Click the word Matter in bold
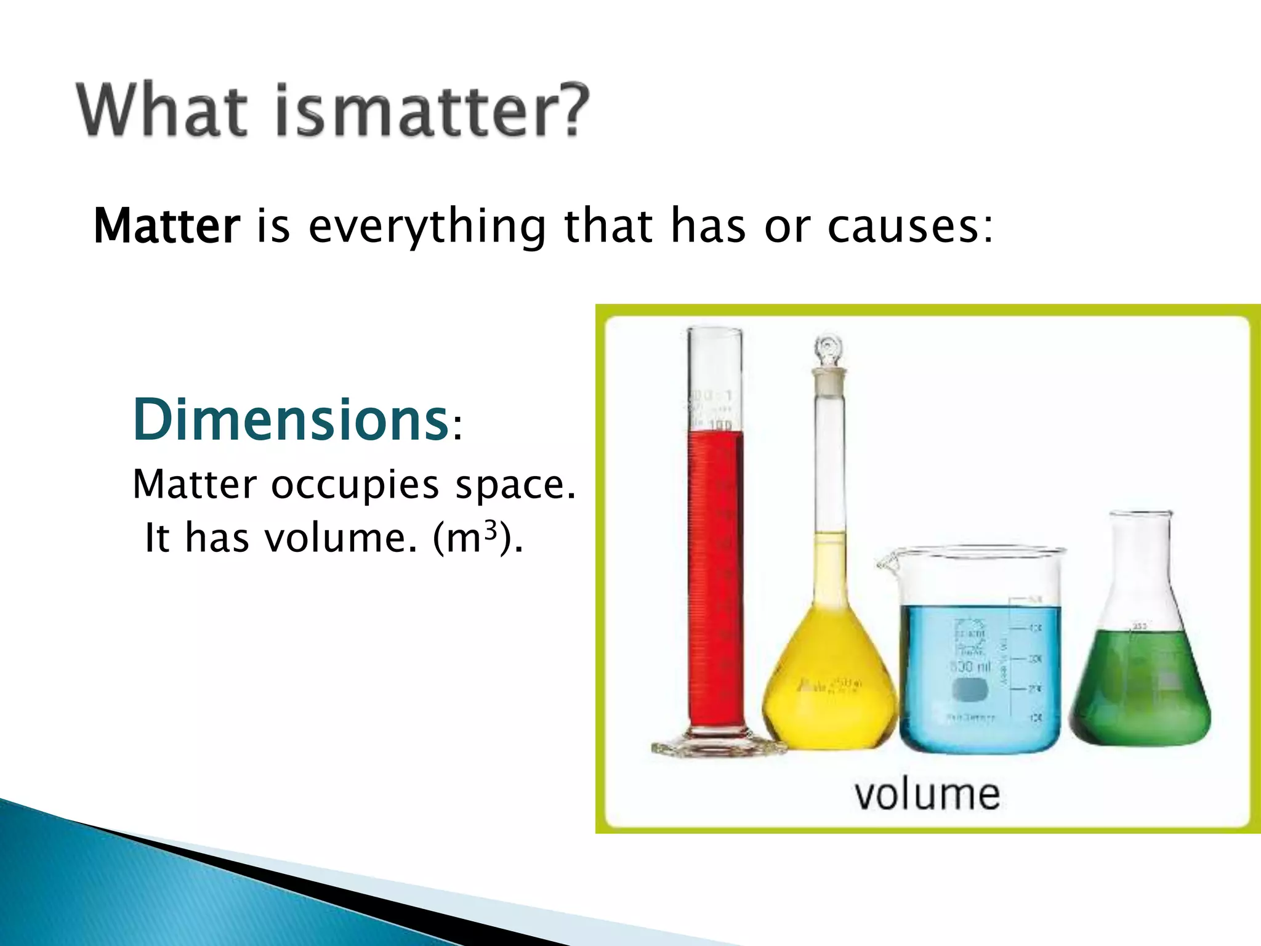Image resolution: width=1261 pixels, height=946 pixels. point(166,227)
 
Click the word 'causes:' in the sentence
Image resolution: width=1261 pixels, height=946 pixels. point(909,227)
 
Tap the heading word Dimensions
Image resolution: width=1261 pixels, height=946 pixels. point(290,421)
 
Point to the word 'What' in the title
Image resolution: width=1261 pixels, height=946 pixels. point(162,111)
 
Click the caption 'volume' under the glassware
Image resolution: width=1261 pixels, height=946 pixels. point(927,794)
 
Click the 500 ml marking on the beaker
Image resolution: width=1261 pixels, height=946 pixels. point(970,666)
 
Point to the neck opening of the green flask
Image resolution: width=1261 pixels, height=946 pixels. point(1140,514)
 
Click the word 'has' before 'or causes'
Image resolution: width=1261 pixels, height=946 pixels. point(708,227)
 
